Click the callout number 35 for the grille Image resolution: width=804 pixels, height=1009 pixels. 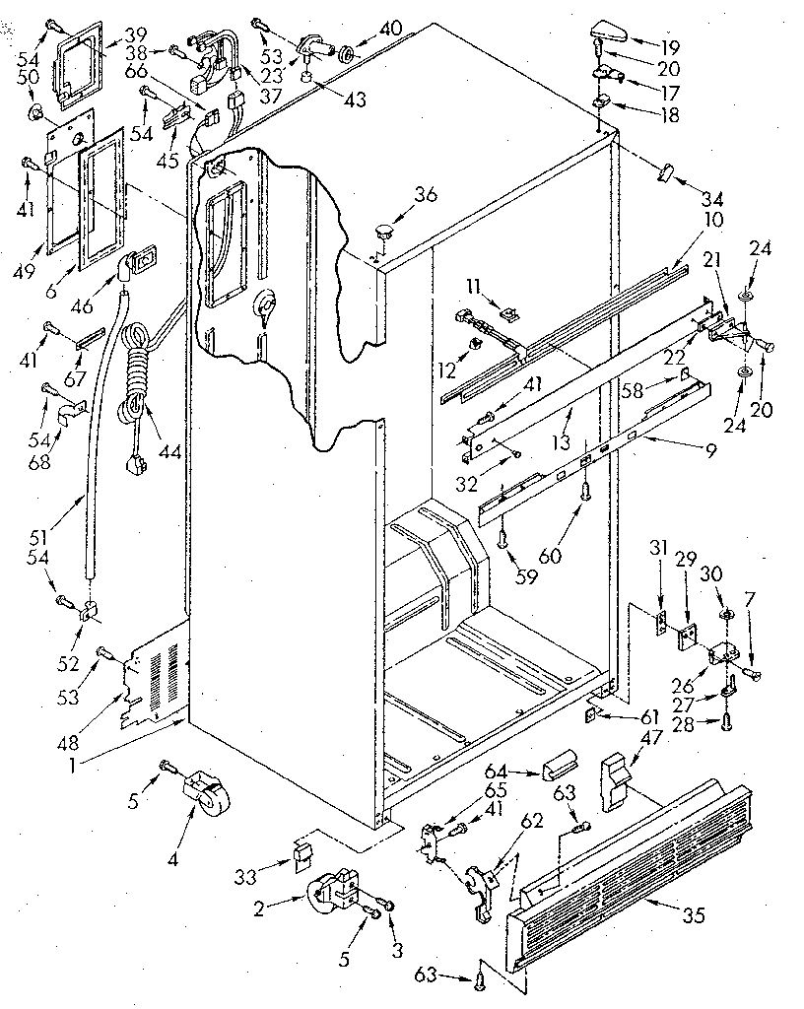[x=694, y=915]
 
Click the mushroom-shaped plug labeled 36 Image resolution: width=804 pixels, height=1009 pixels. [x=384, y=232]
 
